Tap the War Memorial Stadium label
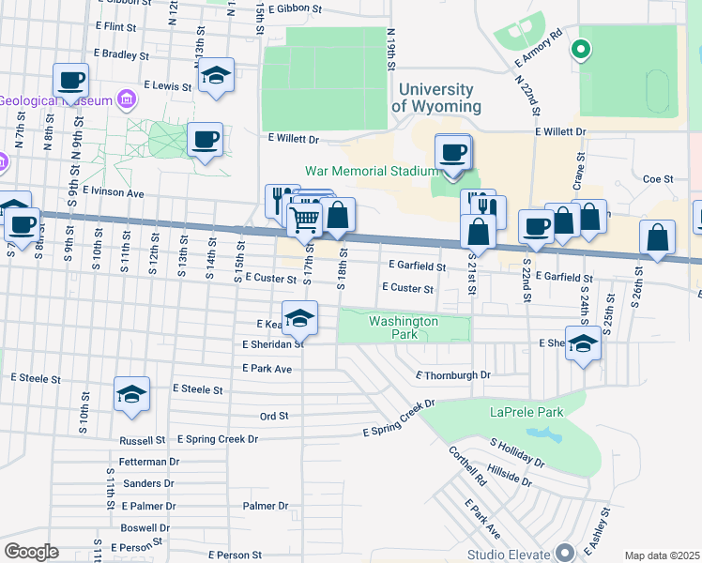pos(372,171)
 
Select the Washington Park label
pos(404,327)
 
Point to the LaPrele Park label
pos(526,412)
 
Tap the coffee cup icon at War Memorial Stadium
pos(453,153)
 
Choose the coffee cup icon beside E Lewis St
pos(71,82)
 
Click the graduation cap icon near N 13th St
pos(217,77)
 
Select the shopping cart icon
pos(303,220)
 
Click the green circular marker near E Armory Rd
pos(581,50)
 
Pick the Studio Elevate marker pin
pos(564,552)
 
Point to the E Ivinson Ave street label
pos(113,191)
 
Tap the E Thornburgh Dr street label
pos(453,375)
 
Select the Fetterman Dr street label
pos(149,462)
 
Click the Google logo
pos(31,551)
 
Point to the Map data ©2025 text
pos(661,555)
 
